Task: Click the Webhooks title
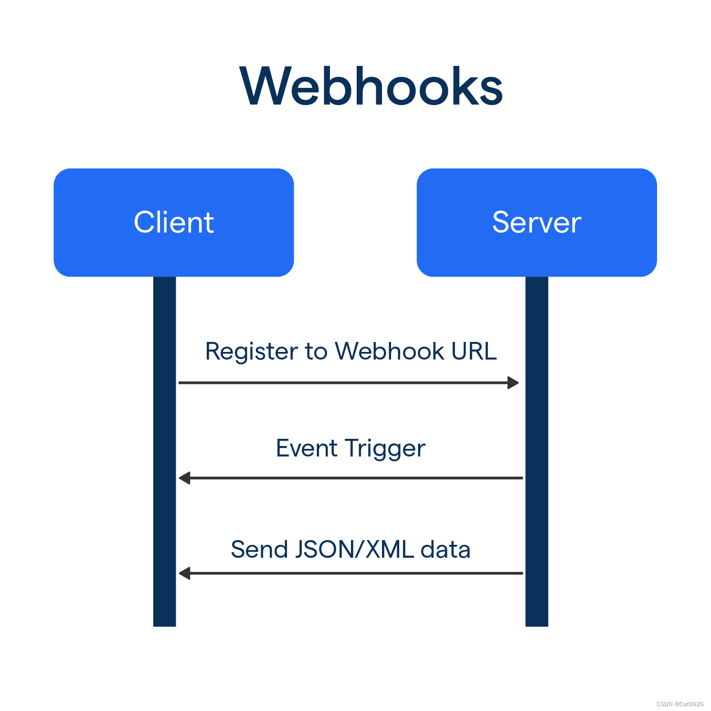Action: (x=371, y=86)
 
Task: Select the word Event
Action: (x=307, y=448)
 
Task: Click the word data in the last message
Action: (x=445, y=549)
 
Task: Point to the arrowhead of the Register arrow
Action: (x=513, y=382)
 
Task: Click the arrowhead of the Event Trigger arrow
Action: (x=184, y=478)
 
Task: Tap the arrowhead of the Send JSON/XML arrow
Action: (x=184, y=573)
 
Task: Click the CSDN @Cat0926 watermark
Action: (x=679, y=704)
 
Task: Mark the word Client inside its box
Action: (x=173, y=222)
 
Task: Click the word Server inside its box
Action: (x=536, y=222)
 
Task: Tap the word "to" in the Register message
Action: (x=316, y=352)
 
